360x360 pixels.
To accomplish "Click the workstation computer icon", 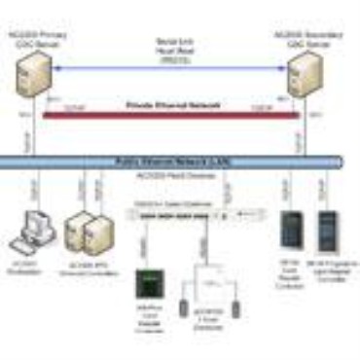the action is click(29, 225).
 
